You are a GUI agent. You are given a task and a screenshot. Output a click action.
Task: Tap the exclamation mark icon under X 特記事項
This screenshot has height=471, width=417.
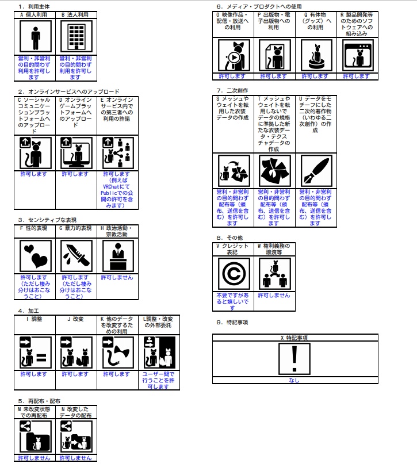click(295, 359)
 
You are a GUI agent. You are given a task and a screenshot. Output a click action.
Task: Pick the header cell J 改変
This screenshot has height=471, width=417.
click(76, 319)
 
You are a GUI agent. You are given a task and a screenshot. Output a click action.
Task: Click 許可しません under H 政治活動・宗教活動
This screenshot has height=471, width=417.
click(117, 278)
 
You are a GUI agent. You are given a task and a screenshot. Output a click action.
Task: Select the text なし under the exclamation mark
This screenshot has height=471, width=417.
click(295, 381)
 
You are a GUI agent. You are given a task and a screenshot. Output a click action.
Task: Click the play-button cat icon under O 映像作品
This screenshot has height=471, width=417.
click(234, 55)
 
